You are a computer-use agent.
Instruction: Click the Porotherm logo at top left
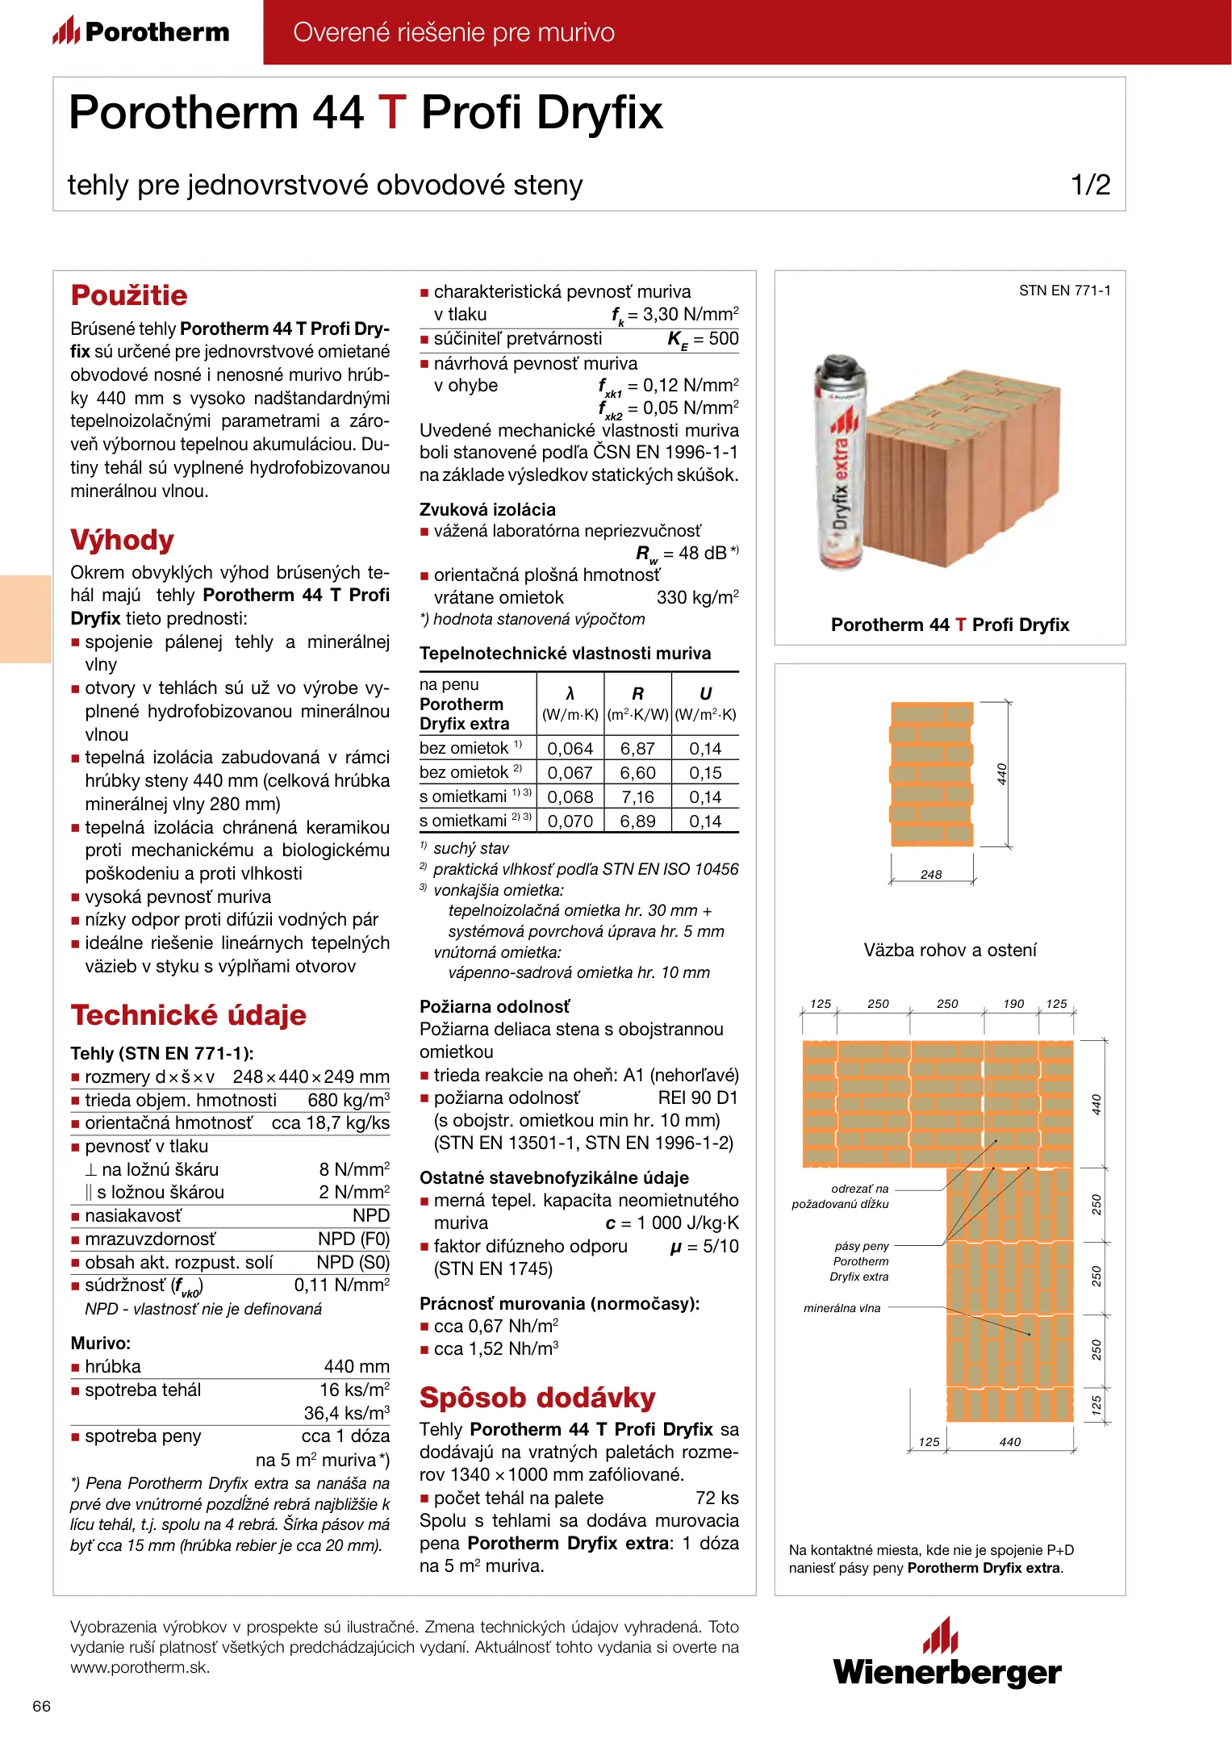(x=141, y=32)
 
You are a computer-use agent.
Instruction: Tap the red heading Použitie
(x=129, y=295)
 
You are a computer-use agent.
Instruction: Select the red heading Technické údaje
(x=188, y=1015)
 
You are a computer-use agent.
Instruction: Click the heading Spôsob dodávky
(x=537, y=1398)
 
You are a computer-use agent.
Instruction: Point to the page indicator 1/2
(x=1090, y=185)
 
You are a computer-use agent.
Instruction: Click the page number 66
(x=41, y=1706)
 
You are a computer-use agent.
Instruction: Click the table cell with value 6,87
(x=637, y=749)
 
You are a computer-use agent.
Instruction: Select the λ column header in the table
(x=570, y=694)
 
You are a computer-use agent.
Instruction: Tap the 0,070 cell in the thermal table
(x=570, y=821)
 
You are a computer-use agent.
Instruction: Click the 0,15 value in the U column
(x=705, y=773)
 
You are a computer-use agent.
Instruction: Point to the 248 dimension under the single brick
(x=931, y=875)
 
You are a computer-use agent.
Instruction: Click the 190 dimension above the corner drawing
(x=1013, y=1004)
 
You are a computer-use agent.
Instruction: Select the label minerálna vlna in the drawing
(x=842, y=1308)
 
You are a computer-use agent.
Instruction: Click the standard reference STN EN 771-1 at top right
(x=1064, y=290)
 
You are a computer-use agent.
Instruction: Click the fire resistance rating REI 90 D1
(x=698, y=1097)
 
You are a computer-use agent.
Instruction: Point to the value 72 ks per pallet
(x=716, y=1498)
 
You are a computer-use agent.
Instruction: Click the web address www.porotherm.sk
(x=140, y=1667)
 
